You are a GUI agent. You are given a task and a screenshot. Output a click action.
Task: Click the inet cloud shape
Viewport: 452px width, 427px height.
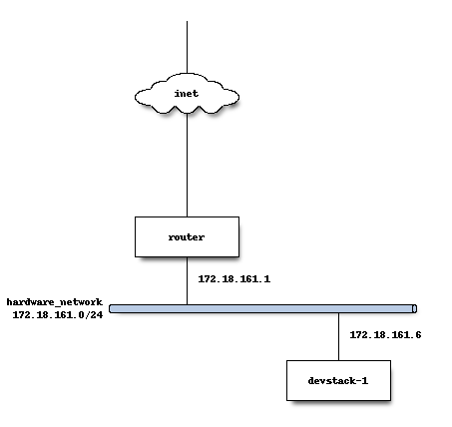click(187, 94)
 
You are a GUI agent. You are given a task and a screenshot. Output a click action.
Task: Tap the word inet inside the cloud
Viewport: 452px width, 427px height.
click(187, 94)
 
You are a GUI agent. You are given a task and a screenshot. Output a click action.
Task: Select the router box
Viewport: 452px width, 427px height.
click(187, 236)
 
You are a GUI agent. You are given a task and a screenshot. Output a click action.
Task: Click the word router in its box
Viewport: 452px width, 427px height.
click(187, 237)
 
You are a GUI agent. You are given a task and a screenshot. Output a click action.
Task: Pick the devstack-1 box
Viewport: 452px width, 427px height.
click(338, 380)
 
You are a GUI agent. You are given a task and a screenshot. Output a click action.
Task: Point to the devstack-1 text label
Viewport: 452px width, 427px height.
click(338, 380)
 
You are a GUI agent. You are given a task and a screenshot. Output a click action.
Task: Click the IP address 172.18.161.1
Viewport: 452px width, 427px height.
click(234, 278)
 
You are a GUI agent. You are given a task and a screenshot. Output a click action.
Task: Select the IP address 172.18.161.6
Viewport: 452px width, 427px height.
click(385, 334)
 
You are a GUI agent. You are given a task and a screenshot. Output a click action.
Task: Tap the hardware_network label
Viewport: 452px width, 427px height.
click(55, 302)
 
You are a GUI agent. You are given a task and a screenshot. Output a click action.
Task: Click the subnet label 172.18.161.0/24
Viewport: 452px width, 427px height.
click(58, 314)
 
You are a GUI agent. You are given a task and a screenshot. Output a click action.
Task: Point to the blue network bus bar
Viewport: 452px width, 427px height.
click(263, 309)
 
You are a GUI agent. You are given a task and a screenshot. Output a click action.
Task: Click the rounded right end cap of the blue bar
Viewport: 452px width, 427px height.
click(414, 309)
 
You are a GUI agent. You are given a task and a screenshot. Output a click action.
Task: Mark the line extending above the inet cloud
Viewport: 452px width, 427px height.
click(187, 47)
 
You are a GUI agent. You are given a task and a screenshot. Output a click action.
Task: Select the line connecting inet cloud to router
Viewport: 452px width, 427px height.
click(187, 166)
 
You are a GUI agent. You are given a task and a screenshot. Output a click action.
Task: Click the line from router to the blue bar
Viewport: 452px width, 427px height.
click(187, 280)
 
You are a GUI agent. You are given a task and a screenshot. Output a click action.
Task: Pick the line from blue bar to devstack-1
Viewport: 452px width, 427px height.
click(339, 336)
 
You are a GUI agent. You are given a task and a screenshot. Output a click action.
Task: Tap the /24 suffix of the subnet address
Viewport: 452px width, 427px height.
click(94, 314)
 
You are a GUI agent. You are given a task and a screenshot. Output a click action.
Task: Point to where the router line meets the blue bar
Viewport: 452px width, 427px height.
click(187, 305)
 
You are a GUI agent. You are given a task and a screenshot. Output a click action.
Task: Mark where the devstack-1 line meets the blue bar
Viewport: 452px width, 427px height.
click(339, 313)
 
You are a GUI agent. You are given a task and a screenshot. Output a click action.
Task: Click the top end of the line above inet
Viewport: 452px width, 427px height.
click(187, 21)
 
